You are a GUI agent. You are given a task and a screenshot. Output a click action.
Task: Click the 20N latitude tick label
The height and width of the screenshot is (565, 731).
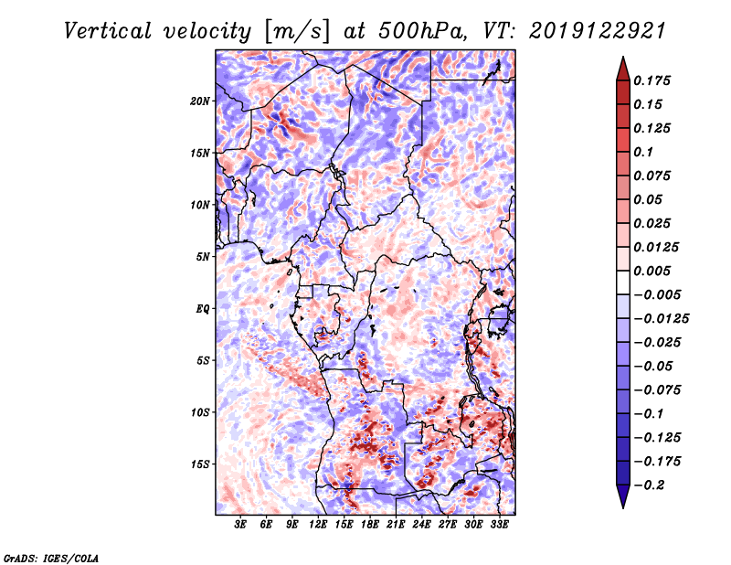point(200,101)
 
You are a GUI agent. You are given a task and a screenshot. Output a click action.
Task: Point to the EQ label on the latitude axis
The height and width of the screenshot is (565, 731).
point(202,309)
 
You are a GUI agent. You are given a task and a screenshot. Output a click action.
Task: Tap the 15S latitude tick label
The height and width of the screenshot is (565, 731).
point(200,464)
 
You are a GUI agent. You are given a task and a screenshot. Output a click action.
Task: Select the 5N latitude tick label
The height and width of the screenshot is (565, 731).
point(202,257)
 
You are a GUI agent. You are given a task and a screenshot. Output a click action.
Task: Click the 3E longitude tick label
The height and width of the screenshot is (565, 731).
point(240,525)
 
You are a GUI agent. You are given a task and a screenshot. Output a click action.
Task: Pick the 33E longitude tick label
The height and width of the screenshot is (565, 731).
point(499,525)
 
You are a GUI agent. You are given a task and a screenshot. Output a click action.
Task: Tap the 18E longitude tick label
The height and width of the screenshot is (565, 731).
point(370,525)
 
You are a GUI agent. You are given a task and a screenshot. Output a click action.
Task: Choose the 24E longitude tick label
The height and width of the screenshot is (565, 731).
point(421,525)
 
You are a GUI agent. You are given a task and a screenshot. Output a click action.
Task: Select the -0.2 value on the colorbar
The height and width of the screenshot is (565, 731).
point(652,485)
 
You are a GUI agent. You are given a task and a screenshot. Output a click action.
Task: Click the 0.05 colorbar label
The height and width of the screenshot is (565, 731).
point(651,199)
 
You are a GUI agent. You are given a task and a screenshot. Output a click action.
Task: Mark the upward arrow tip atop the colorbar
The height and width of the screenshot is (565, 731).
point(621,60)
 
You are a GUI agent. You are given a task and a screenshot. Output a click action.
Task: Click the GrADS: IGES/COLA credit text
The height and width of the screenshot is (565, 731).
point(50,556)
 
